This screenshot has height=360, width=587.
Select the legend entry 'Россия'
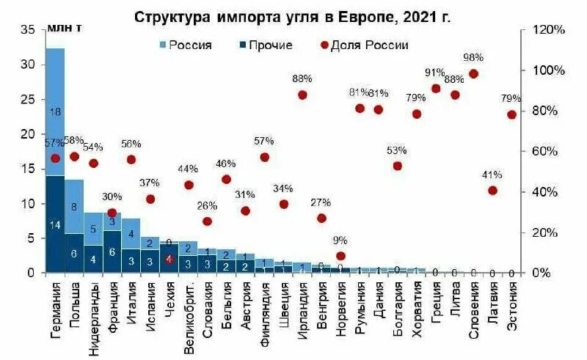click(x=190, y=45)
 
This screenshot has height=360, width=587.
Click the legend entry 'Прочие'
click(x=270, y=45)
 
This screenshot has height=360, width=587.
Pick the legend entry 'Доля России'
click(x=369, y=45)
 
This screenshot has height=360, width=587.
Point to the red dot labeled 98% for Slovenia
click(x=473, y=73)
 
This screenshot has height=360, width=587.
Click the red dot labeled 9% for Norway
click(x=340, y=256)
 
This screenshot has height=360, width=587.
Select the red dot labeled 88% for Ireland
click(x=302, y=95)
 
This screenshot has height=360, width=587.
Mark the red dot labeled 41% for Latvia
click(x=492, y=191)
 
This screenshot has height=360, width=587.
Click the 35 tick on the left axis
click(x=29, y=30)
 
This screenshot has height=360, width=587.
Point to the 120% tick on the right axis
click(x=550, y=30)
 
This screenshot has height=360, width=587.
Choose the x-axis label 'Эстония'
click(x=511, y=308)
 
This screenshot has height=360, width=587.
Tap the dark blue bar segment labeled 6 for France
click(x=112, y=251)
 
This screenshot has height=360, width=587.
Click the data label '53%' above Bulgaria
click(x=397, y=150)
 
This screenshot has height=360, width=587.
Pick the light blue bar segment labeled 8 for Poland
click(x=74, y=207)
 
